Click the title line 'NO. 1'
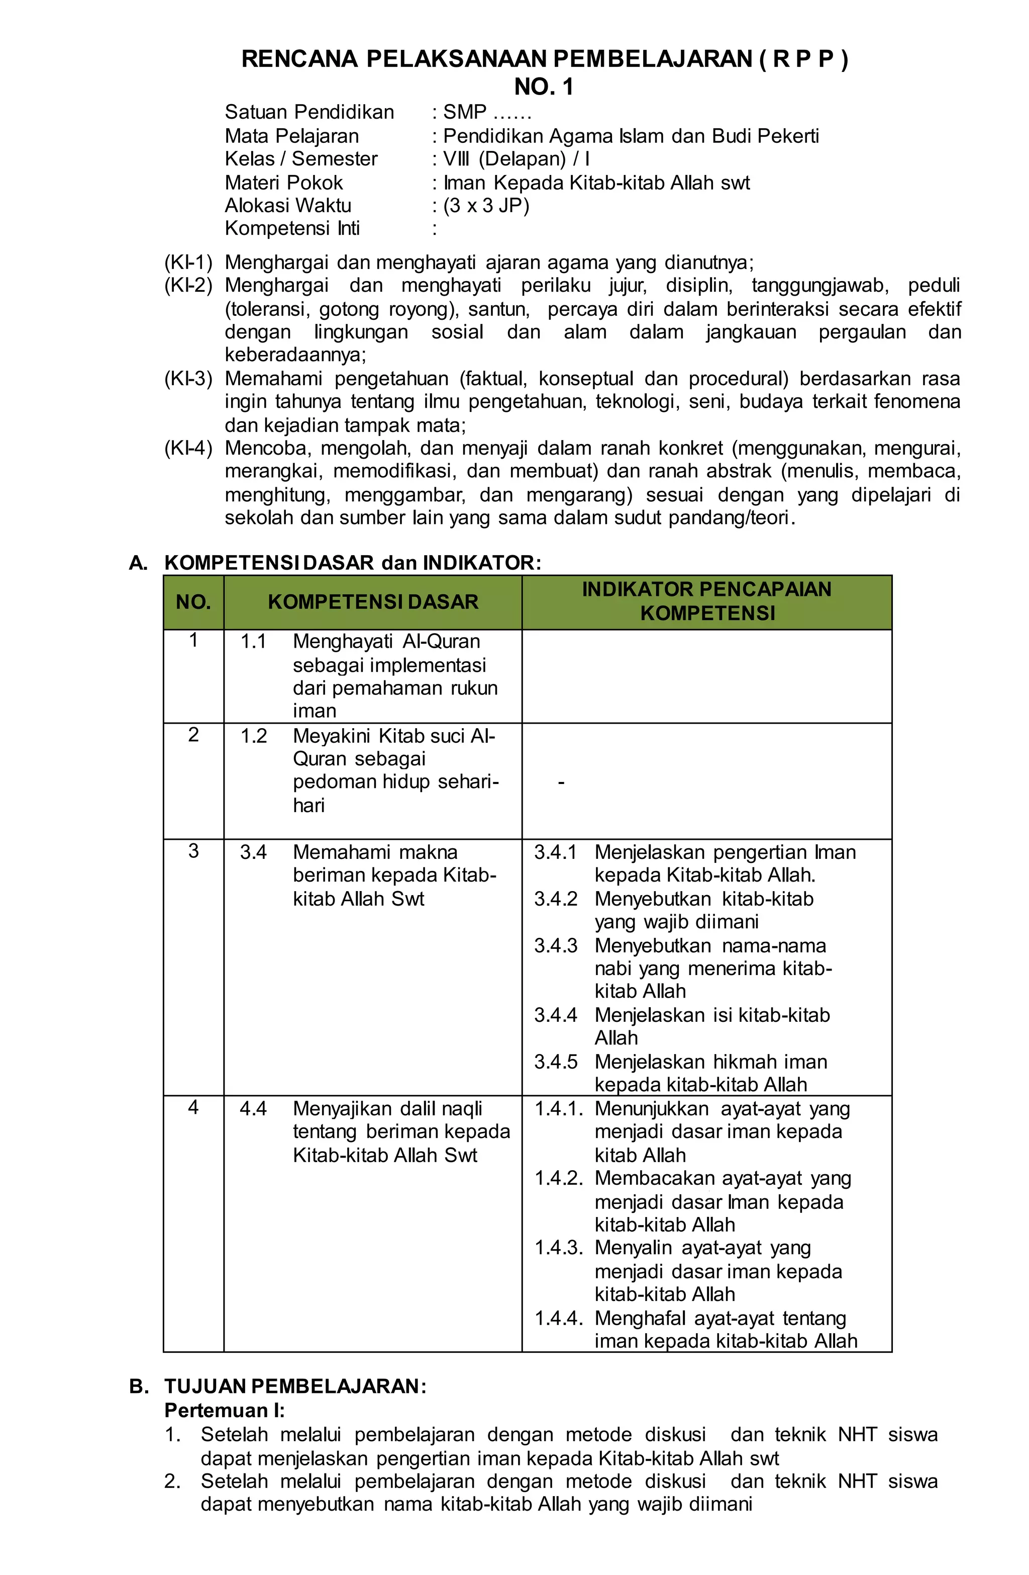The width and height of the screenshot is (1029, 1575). pyautogui.click(x=544, y=87)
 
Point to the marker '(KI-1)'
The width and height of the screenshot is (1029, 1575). pyautogui.click(x=188, y=262)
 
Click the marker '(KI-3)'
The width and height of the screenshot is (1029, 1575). pyautogui.click(x=188, y=379)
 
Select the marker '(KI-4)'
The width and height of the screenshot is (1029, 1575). pyautogui.click(x=188, y=449)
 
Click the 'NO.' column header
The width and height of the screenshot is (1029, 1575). pyautogui.click(x=193, y=602)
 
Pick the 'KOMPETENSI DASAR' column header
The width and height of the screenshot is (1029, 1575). pyautogui.click(x=372, y=602)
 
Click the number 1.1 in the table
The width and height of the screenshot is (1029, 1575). pyautogui.click(x=253, y=641)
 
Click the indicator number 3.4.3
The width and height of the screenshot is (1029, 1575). pyautogui.click(x=556, y=946)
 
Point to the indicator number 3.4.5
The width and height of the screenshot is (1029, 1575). pyautogui.click(x=556, y=1062)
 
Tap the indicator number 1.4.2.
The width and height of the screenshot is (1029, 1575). pyautogui.click(x=558, y=1179)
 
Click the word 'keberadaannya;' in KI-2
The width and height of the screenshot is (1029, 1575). pyautogui.click(x=295, y=356)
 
